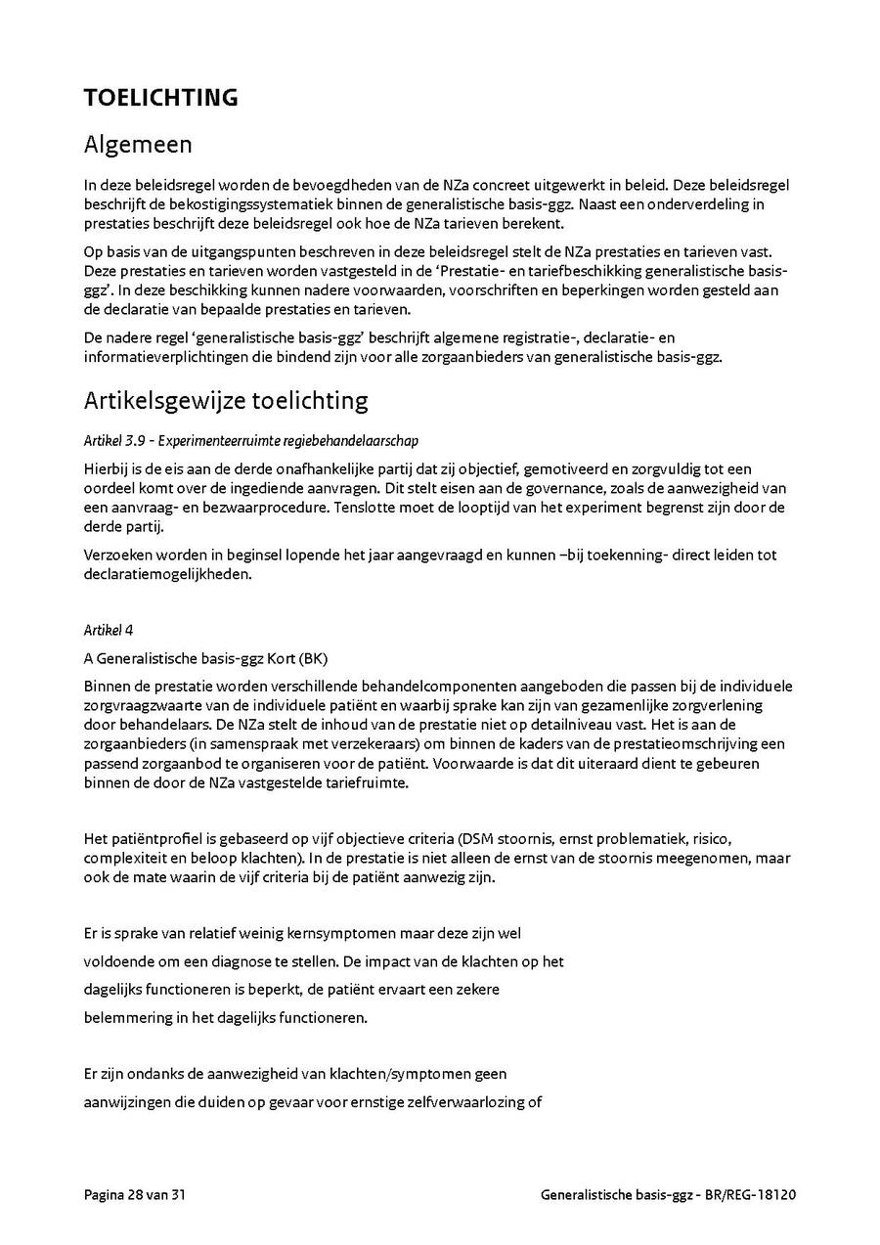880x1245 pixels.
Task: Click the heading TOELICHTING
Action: tap(160, 98)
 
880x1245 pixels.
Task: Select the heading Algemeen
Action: tap(138, 145)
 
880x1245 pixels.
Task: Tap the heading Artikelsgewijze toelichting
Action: tap(226, 400)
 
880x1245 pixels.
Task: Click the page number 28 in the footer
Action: tap(134, 1194)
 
